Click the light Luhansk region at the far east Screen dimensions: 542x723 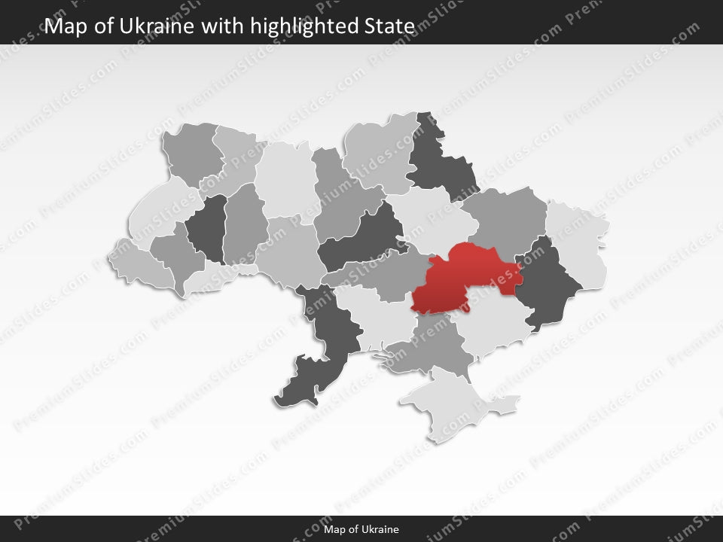point(580,241)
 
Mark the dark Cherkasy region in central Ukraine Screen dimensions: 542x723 point(358,241)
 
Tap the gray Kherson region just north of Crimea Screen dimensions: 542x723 point(429,346)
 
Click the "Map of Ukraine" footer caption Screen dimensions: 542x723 point(361,529)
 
